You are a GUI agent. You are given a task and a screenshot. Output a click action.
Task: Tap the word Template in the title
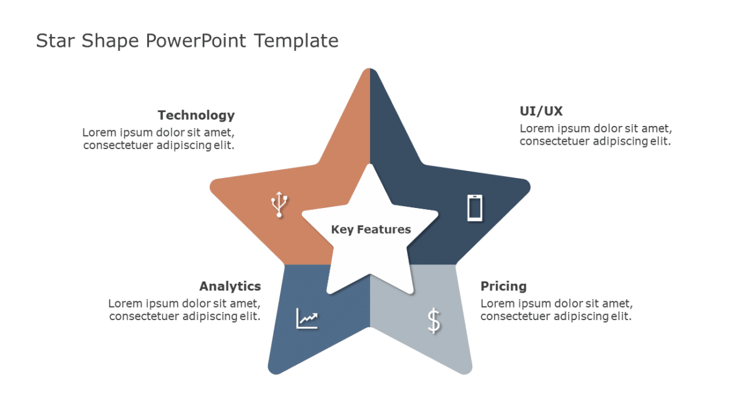coord(296,41)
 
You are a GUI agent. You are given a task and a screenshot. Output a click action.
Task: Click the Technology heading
coord(196,115)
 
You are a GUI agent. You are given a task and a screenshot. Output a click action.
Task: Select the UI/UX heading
coord(541,112)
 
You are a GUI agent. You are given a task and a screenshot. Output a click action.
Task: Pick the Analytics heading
coord(230,286)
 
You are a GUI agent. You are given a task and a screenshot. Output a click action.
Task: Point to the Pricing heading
coord(504,286)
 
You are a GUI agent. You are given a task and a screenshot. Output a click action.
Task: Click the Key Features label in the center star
coord(371,229)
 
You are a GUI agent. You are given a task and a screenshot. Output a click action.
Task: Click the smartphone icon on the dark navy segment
coord(475,207)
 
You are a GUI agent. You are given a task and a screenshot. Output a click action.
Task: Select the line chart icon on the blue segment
coord(307,319)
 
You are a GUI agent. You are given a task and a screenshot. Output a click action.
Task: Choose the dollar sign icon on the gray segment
coord(433,320)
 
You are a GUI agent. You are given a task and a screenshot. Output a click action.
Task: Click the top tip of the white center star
coord(370,167)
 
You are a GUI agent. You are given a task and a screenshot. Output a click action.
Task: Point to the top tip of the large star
coord(369,71)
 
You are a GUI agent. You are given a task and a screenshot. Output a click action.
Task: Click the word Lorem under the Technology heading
coord(98,133)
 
